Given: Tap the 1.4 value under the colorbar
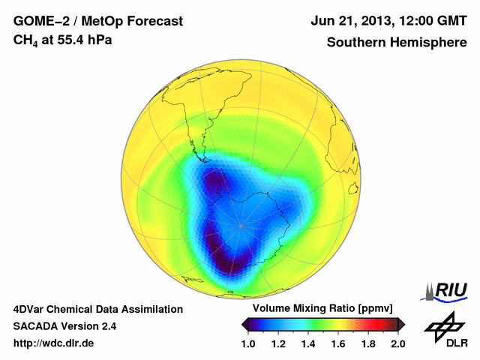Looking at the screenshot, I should coord(307,343).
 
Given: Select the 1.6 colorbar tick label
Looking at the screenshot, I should coord(337,343).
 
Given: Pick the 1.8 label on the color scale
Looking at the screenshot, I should coord(367,343).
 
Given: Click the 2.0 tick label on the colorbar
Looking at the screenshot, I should coord(398,343).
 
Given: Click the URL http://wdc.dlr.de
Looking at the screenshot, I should coord(54,343).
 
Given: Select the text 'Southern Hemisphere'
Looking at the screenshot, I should coord(396,42).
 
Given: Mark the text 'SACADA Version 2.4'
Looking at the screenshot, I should coord(64,326).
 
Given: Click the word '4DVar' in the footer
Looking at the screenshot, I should coord(29,309).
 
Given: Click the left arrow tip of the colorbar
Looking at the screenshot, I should coord(243,323).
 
